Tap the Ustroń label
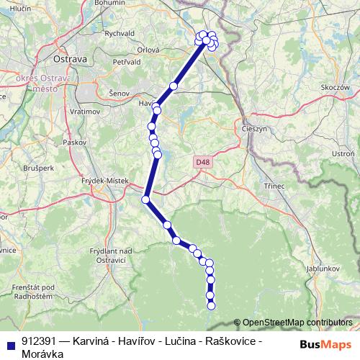click(344, 154)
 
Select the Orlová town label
click(148, 50)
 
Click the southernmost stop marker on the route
click(211, 305)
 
